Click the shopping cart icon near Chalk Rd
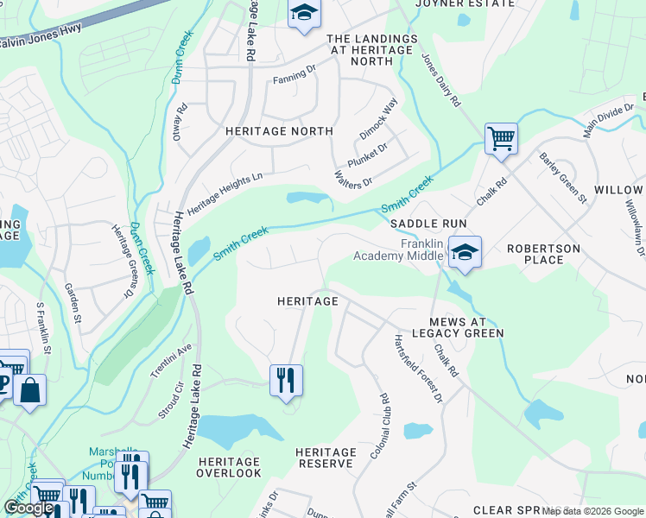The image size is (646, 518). point(501,138)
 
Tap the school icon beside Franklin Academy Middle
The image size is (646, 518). point(465,253)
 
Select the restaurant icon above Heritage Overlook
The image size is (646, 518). point(286,381)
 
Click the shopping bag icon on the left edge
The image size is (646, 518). point(29,390)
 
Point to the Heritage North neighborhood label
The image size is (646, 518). point(279,131)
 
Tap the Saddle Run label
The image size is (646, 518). point(428,224)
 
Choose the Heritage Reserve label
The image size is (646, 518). point(326,458)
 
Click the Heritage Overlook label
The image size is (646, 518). point(229,467)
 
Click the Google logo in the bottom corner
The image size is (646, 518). point(28,508)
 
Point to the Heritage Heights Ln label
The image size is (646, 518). point(224,193)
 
